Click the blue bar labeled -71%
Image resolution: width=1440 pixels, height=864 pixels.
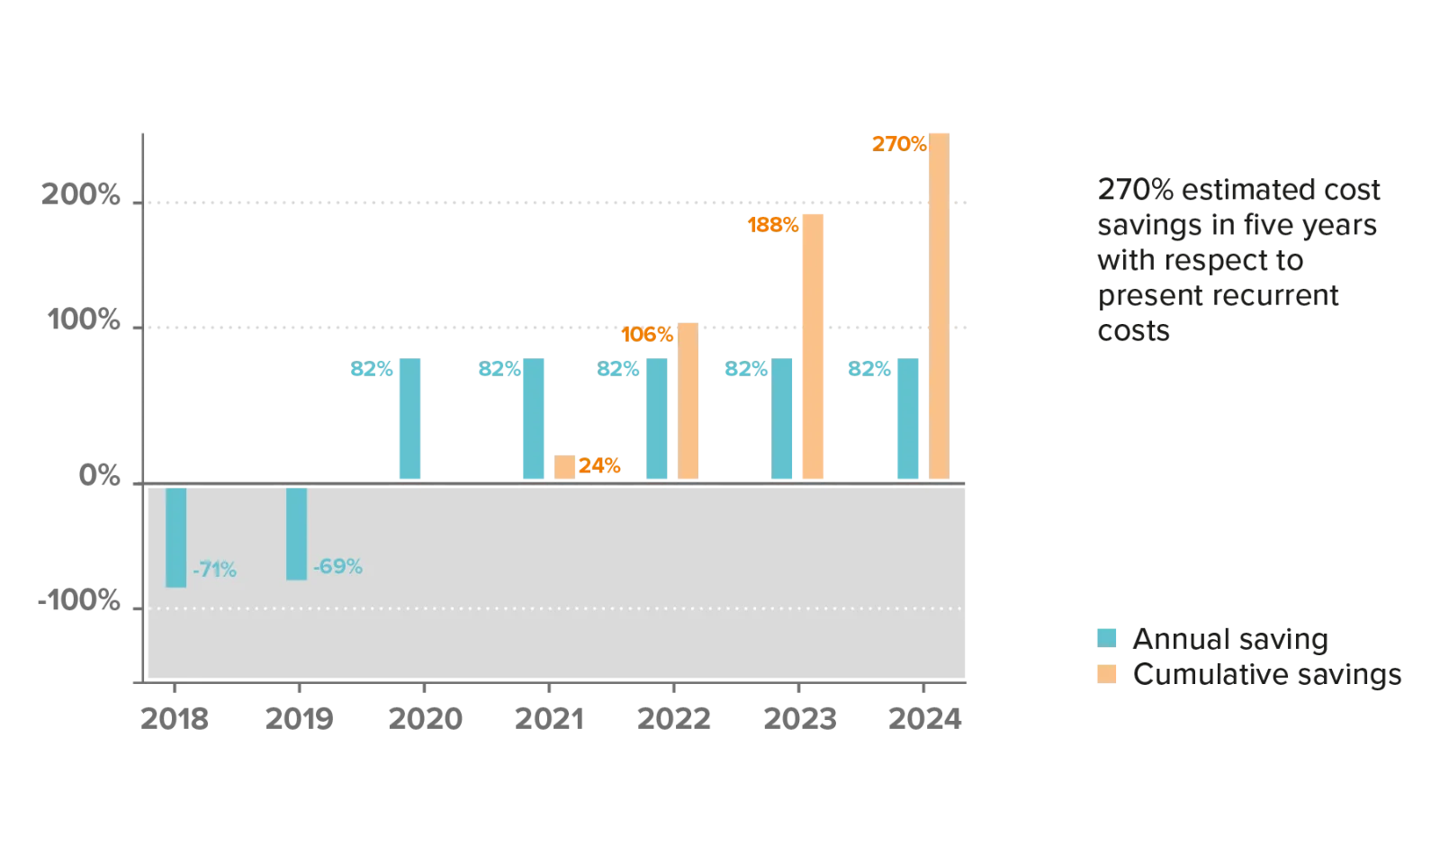176,536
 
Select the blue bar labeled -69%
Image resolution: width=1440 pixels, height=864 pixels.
296,533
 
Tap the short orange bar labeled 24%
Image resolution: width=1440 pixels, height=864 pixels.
564,467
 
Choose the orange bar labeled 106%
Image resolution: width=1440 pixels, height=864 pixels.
687,400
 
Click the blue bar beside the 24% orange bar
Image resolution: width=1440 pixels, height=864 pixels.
534,418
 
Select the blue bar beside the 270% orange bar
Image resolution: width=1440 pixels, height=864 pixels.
908,418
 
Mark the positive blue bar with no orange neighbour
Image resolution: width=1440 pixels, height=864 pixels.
409,418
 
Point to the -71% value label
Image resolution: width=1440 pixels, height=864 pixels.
215,570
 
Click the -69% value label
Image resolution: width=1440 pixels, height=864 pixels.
337,567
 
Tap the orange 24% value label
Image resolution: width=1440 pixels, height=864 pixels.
599,466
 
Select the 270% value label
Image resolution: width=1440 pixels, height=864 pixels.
899,142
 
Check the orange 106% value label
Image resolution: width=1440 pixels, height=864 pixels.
648,335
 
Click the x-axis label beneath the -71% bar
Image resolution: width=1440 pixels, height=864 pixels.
174,720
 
